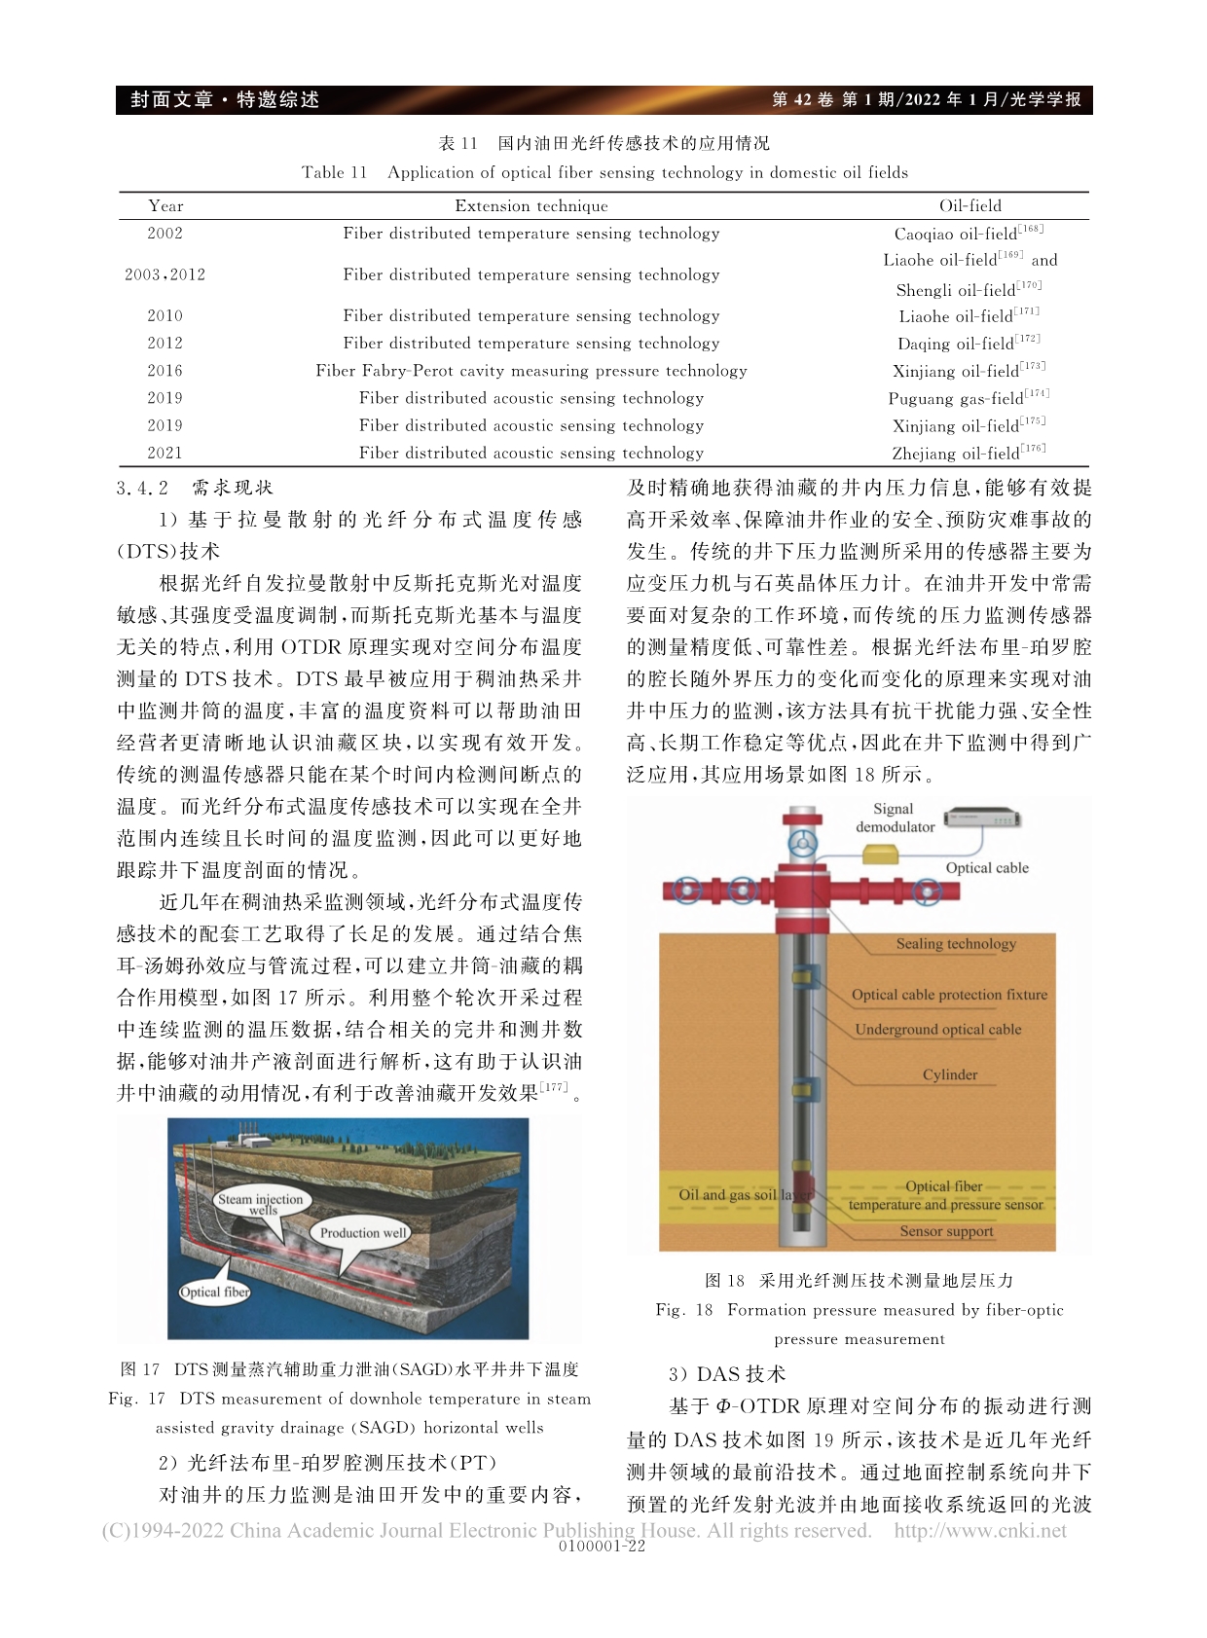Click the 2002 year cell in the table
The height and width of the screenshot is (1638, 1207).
coord(165,234)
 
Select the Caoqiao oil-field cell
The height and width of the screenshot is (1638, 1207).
coord(968,234)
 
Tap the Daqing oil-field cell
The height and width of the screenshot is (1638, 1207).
coord(968,344)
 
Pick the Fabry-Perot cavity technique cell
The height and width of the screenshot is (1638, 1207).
coord(530,371)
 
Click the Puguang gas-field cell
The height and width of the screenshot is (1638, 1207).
coord(968,398)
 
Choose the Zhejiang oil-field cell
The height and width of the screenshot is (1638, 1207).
coord(968,453)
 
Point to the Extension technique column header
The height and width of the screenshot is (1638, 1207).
coord(530,206)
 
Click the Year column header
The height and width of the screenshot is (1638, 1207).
coord(165,206)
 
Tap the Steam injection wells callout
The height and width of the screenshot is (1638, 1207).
coord(260,1204)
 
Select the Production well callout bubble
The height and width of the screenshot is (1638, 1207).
coord(363,1233)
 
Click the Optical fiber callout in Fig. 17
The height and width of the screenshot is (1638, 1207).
coord(215,1292)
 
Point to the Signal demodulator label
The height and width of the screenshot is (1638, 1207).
coord(895,818)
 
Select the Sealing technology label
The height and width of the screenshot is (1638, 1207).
coord(956,943)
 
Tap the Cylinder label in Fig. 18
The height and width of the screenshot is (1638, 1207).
coord(950,1074)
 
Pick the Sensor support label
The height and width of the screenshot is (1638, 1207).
coord(946,1231)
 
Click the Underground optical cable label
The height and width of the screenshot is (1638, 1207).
coord(938,1029)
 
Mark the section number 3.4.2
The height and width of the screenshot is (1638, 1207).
coord(142,488)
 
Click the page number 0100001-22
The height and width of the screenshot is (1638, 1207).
coord(603,1547)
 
